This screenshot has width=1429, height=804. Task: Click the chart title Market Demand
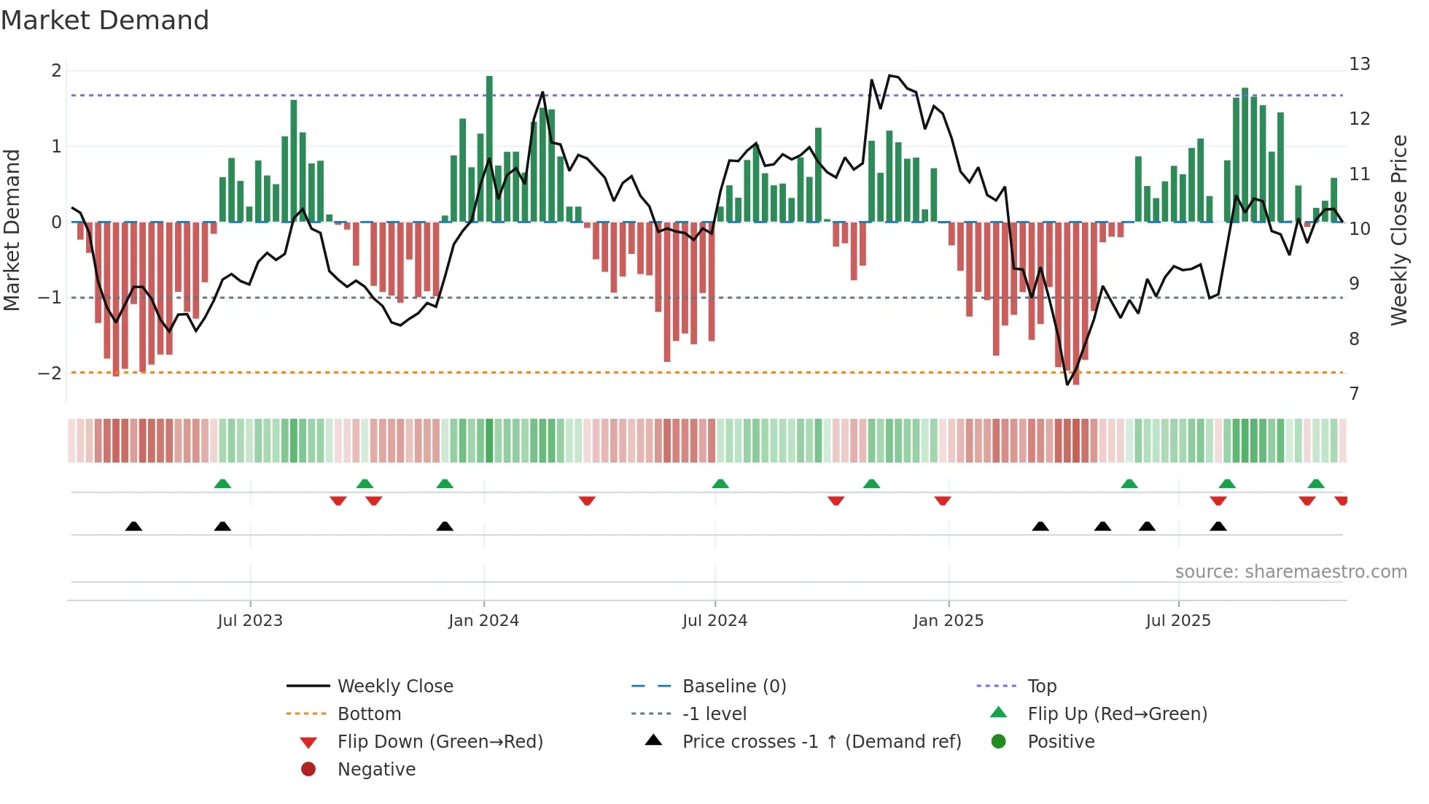click(105, 20)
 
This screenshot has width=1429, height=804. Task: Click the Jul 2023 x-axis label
click(249, 621)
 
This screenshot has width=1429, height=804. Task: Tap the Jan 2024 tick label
click(483, 621)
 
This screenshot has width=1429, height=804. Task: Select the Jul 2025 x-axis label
click(1177, 621)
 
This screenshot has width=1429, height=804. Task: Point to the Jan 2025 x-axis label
click(948, 621)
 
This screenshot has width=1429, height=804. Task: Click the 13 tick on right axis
click(1359, 64)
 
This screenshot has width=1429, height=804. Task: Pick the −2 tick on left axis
click(50, 373)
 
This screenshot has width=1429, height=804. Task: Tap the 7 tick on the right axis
click(1354, 394)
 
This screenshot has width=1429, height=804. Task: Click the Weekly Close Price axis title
click(1398, 230)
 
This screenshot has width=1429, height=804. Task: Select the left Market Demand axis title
click(12, 230)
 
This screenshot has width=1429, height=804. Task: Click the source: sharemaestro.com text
click(1290, 572)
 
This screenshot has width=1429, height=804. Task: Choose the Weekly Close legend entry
click(394, 687)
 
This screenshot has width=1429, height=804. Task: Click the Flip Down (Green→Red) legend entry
click(440, 742)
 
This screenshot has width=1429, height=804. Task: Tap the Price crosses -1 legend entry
click(821, 742)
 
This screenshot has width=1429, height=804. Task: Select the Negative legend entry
click(376, 770)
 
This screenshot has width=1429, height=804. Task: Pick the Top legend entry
click(1041, 687)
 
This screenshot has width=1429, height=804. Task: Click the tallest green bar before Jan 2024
click(489, 150)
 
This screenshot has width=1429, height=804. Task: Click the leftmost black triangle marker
click(133, 526)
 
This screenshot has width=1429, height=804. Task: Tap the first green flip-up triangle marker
click(222, 483)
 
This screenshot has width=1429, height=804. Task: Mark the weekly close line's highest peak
click(889, 75)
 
